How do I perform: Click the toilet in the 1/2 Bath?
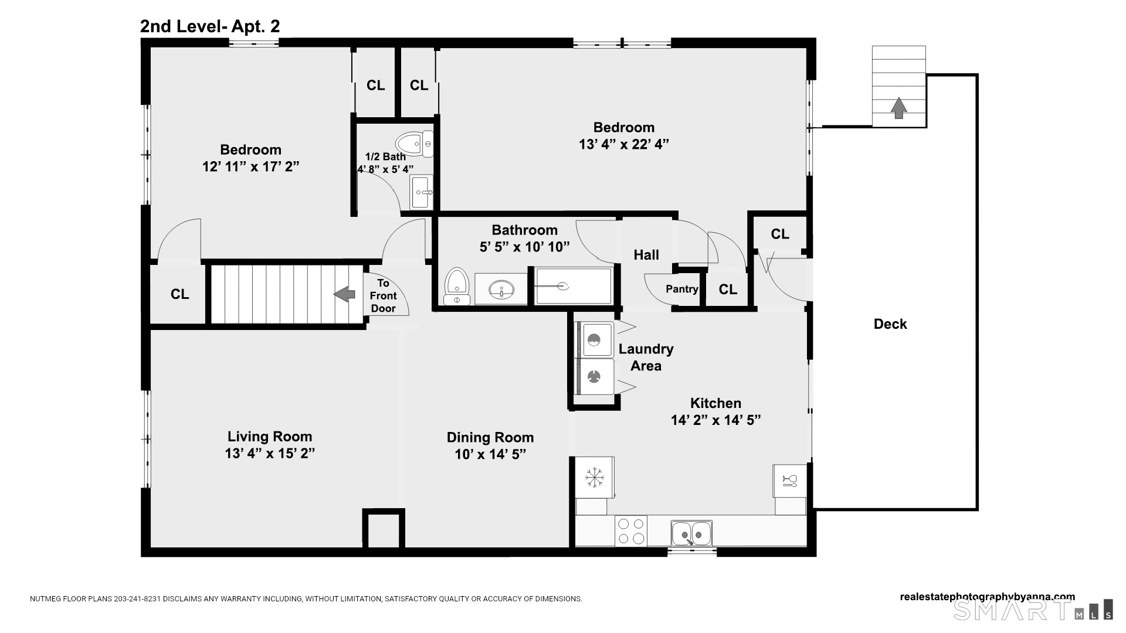click(415, 144)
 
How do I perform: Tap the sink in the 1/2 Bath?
click(422, 192)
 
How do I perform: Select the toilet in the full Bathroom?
click(457, 287)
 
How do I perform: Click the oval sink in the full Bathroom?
click(500, 289)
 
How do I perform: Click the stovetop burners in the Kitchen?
click(631, 531)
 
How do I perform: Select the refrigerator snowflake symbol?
click(595, 477)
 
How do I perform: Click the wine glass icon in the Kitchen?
click(789, 481)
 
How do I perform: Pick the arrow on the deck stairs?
click(898, 108)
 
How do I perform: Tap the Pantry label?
click(682, 289)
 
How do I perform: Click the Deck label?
click(890, 324)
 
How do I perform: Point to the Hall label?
click(646, 255)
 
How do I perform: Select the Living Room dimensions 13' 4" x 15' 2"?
click(270, 454)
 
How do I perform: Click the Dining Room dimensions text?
click(490, 454)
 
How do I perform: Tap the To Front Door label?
click(383, 296)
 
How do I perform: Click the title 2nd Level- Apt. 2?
click(210, 26)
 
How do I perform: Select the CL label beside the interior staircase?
click(180, 294)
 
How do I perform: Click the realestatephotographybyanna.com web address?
click(988, 597)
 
